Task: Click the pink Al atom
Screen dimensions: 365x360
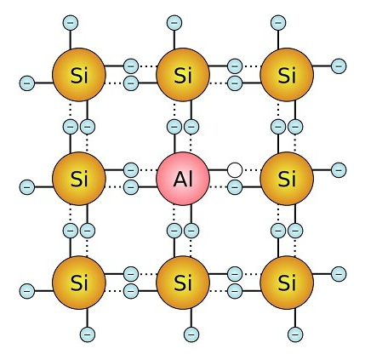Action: point(183,179)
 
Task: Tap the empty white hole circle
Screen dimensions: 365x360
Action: point(235,170)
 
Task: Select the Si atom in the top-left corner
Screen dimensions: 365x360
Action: point(79,75)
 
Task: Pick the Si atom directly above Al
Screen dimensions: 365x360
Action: point(183,75)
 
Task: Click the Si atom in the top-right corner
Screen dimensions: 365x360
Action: point(287,75)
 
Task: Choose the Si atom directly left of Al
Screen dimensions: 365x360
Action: point(79,179)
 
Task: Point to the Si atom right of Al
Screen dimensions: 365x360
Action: point(287,179)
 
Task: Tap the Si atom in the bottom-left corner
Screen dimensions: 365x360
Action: point(79,283)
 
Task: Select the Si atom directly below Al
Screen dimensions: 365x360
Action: point(183,283)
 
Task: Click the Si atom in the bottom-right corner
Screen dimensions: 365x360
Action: point(287,283)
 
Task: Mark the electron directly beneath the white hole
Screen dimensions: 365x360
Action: point(235,187)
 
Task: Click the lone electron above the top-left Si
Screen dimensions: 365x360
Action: point(71,23)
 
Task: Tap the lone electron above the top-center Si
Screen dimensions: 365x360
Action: point(174,23)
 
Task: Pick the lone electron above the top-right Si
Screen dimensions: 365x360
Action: point(278,23)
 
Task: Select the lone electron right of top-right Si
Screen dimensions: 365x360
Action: point(339,66)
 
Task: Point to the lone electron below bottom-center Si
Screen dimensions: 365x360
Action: point(191,334)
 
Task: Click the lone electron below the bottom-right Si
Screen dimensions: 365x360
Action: point(295,334)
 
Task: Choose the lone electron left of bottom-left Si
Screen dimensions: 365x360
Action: point(27,291)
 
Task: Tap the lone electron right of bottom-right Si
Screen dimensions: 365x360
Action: point(339,274)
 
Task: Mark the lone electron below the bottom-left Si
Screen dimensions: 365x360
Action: point(88,334)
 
